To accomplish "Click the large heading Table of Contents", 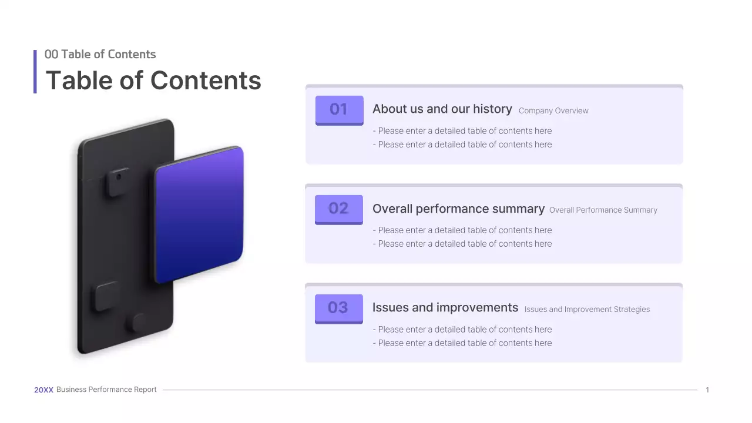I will pyautogui.click(x=153, y=80).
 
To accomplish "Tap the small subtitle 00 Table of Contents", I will pyautogui.click(x=100, y=54).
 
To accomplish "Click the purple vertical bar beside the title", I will pyautogui.click(x=35, y=72).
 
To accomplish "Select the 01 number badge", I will pyautogui.click(x=339, y=109).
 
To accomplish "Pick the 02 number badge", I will pyautogui.click(x=339, y=209).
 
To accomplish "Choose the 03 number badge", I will pyautogui.click(x=339, y=308).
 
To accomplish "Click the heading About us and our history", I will pyautogui.click(x=442, y=109).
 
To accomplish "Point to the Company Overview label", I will pyautogui.click(x=553, y=110).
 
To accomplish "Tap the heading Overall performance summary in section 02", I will pyautogui.click(x=458, y=209).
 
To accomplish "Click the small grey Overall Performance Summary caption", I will pyautogui.click(x=603, y=210).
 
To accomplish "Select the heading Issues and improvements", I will pyautogui.click(x=445, y=308).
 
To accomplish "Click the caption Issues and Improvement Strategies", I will pyautogui.click(x=587, y=309).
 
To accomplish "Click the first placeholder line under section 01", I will pyautogui.click(x=462, y=131).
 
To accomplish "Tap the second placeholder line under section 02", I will pyautogui.click(x=462, y=244).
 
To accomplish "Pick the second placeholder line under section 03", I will pyautogui.click(x=462, y=343).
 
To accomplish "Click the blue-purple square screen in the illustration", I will pyautogui.click(x=199, y=214).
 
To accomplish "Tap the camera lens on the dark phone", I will pyautogui.click(x=119, y=176).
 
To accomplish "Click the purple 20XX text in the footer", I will pyautogui.click(x=43, y=390).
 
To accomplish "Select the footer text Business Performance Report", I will pyautogui.click(x=106, y=390).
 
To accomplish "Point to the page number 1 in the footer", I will pyautogui.click(x=707, y=390).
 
